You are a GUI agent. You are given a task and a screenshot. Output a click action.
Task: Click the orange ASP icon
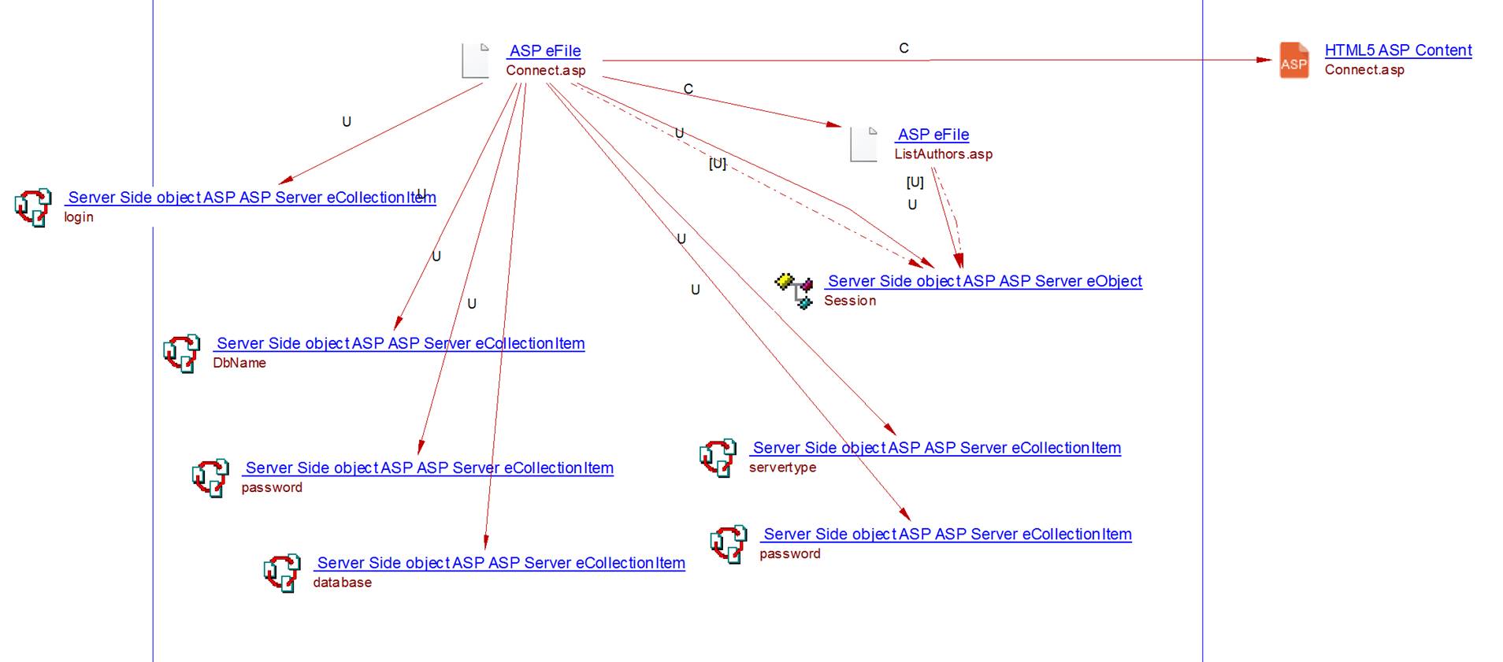click(1293, 61)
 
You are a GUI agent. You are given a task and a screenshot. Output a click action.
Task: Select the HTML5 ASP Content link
click(1397, 50)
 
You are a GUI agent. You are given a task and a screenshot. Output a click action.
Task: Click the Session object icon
click(795, 290)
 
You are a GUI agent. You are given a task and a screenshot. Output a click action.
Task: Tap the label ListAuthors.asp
click(943, 154)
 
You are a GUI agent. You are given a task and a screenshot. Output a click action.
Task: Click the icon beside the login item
click(33, 207)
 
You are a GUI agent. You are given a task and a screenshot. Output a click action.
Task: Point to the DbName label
click(239, 363)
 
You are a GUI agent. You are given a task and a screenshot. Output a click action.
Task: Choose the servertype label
click(782, 468)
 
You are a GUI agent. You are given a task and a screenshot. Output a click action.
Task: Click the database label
click(342, 582)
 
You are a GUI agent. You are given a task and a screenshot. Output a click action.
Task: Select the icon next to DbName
click(181, 353)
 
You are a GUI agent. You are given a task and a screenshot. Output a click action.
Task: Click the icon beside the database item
click(282, 572)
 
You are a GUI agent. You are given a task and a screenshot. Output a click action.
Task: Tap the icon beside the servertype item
click(718, 457)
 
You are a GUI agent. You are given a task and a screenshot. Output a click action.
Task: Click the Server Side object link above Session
click(984, 281)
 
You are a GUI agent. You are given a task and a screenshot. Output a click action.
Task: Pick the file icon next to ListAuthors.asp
click(864, 144)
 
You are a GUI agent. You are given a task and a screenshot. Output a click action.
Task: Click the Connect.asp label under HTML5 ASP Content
click(1364, 70)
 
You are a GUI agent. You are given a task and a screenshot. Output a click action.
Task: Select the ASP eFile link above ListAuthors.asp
click(933, 135)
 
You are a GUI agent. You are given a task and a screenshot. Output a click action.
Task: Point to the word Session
click(849, 301)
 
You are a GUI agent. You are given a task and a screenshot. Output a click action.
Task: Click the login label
click(79, 217)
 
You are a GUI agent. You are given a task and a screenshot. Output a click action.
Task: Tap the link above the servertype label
click(936, 448)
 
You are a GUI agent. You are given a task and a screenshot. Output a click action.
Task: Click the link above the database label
click(500, 563)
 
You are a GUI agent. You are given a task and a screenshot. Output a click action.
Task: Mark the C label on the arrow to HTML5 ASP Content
click(904, 48)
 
